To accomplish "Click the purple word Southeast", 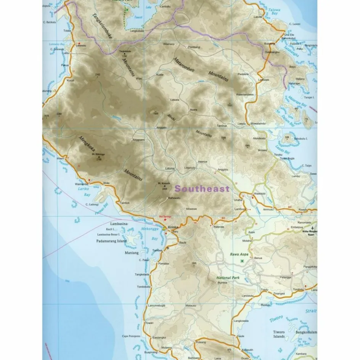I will point(202,188).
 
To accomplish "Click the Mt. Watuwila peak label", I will point(164,183).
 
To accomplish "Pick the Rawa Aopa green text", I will point(239,254).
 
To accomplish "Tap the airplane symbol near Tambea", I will point(167,247).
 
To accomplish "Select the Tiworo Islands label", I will point(279,334).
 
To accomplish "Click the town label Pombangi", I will point(194,47).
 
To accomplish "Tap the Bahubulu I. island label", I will point(301,138).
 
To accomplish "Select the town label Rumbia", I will point(222,283).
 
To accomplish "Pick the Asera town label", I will point(193,110).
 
